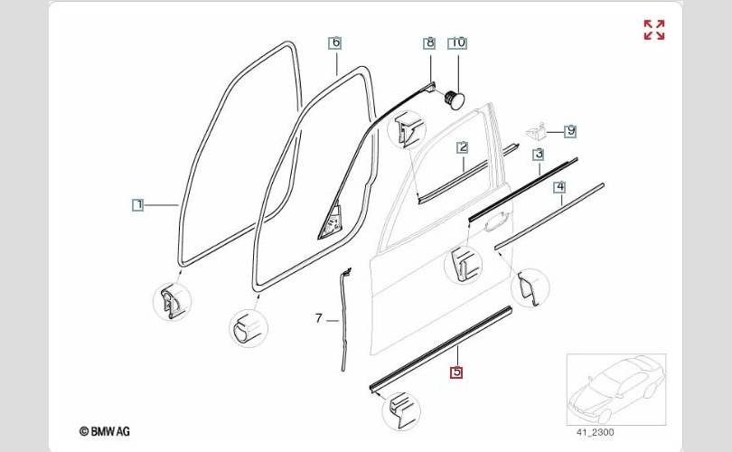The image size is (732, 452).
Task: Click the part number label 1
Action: [137, 205]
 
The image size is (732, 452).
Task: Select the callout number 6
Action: [334, 42]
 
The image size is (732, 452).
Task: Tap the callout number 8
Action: [429, 42]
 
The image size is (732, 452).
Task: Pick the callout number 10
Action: [457, 42]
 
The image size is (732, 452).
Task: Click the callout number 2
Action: [462, 146]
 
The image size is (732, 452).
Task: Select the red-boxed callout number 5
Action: [456, 371]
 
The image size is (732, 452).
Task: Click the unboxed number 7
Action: [318, 318]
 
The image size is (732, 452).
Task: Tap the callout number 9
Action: [570, 131]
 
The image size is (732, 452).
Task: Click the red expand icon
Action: [653, 30]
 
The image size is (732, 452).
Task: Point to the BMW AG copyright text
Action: [104, 432]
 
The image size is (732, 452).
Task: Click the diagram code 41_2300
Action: [595, 432]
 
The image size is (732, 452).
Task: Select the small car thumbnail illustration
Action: [615, 389]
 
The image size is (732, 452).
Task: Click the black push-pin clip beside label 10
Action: [455, 95]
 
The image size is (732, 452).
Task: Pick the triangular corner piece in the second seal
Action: [329, 220]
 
